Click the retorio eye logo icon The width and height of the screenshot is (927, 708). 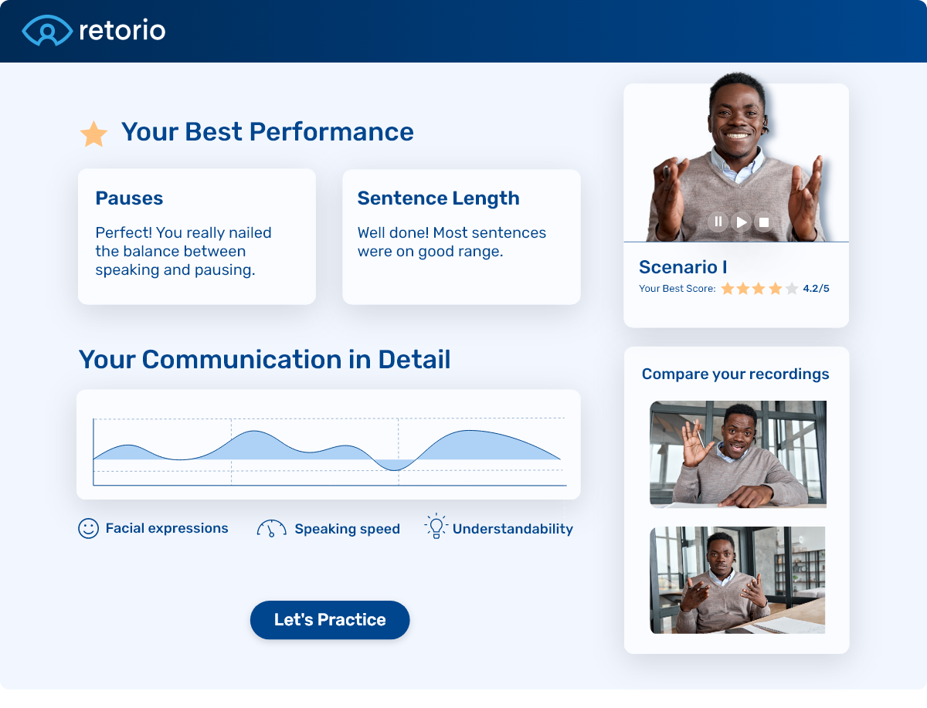pyautogui.click(x=47, y=30)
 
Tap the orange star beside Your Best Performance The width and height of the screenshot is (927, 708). pyautogui.click(x=94, y=134)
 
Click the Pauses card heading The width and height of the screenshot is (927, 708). pyautogui.click(x=129, y=198)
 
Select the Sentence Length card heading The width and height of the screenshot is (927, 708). pyautogui.click(x=438, y=198)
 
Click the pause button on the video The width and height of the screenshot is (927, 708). pyautogui.click(x=718, y=222)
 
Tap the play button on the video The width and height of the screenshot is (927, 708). pyautogui.click(x=742, y=222)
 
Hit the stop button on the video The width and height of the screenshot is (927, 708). pyautogui.click(x=764, y=222)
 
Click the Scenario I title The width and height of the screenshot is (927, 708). pyautogui.click(x=683, y=267)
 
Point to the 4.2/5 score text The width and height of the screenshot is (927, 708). pyautogui.click(x=816, y=289)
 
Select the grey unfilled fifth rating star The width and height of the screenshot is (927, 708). pyautogui.click(x=792, y=289)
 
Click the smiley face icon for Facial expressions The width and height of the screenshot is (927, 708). pyautogui.click(x=89, y=528)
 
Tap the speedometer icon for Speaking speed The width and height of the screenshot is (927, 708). pyautogui.click(x=271, y=529)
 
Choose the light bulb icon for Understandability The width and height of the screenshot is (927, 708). pyautogui.click(x=436, y=527)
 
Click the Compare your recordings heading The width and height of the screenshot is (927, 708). pyautogui.click(x=735, y=374)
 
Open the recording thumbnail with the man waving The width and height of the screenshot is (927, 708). pyautogui.click(x=738, y=454)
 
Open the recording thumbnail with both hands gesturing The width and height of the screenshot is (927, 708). pyautogui.click(x=738, y=580)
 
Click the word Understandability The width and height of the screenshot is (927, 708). pyautogui.click(x=512, y=529)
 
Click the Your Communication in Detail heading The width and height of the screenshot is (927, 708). pyautogui.click(x=264, y=360)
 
